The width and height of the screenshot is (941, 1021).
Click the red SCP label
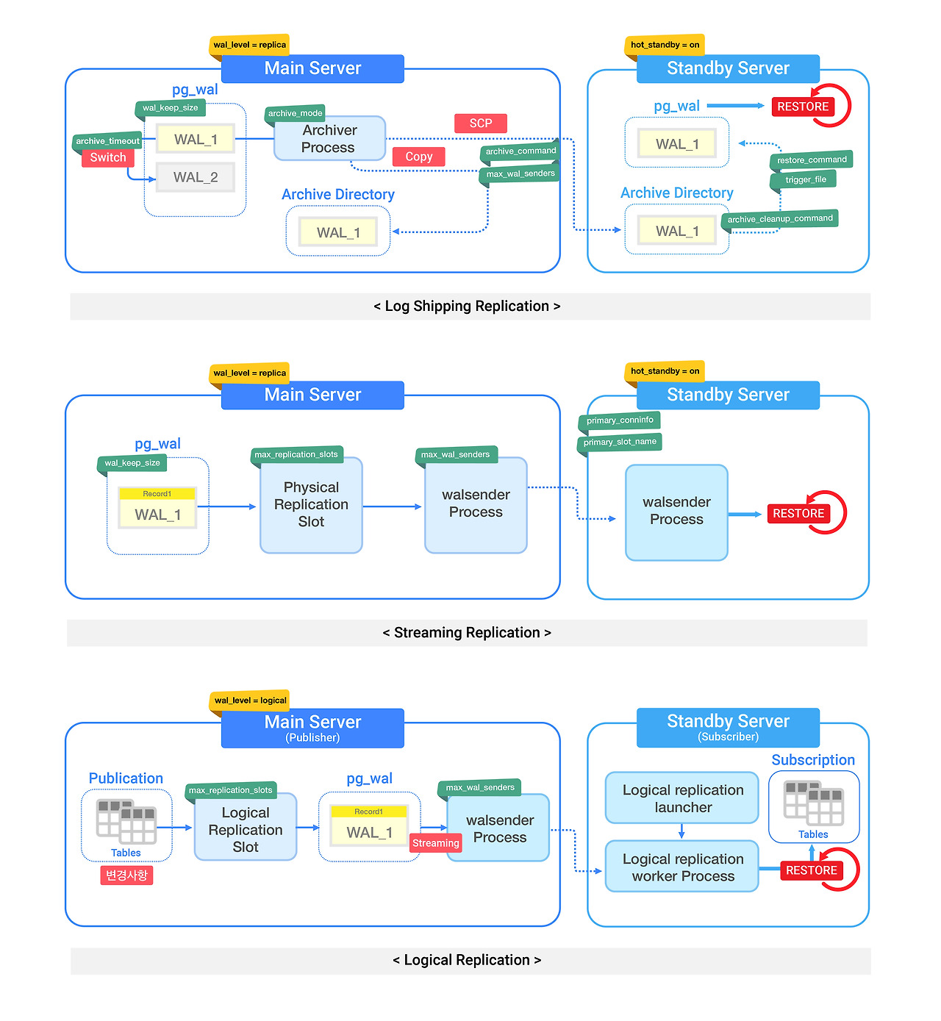coord(480,123)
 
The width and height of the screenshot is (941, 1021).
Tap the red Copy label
coord(418,157)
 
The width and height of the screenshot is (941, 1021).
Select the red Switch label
coord(108,157)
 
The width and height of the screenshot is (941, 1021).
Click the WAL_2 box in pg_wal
coord(196,177)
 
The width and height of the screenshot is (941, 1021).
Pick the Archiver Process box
coord(329,138)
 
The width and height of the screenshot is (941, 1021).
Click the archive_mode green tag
coord(295,113)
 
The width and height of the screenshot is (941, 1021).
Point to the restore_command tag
coord(812,160)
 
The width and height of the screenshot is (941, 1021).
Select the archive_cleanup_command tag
coord(780,218)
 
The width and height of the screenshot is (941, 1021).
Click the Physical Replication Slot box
coord(311,505)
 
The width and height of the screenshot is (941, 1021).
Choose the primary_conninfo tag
coord(620,420)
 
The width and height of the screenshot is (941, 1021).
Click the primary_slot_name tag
coord(620,442)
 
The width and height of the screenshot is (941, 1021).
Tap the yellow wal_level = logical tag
coord(250,700)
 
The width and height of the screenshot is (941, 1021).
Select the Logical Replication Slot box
coord(246,830)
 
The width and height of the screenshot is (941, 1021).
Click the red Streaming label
coord(435,843)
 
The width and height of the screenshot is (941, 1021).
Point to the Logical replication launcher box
coord(682,798)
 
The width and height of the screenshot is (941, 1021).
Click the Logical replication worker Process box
coord(682,867)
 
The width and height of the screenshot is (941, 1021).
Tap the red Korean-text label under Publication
coord(126,875)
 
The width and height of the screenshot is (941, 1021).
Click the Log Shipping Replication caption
coord(468,307)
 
